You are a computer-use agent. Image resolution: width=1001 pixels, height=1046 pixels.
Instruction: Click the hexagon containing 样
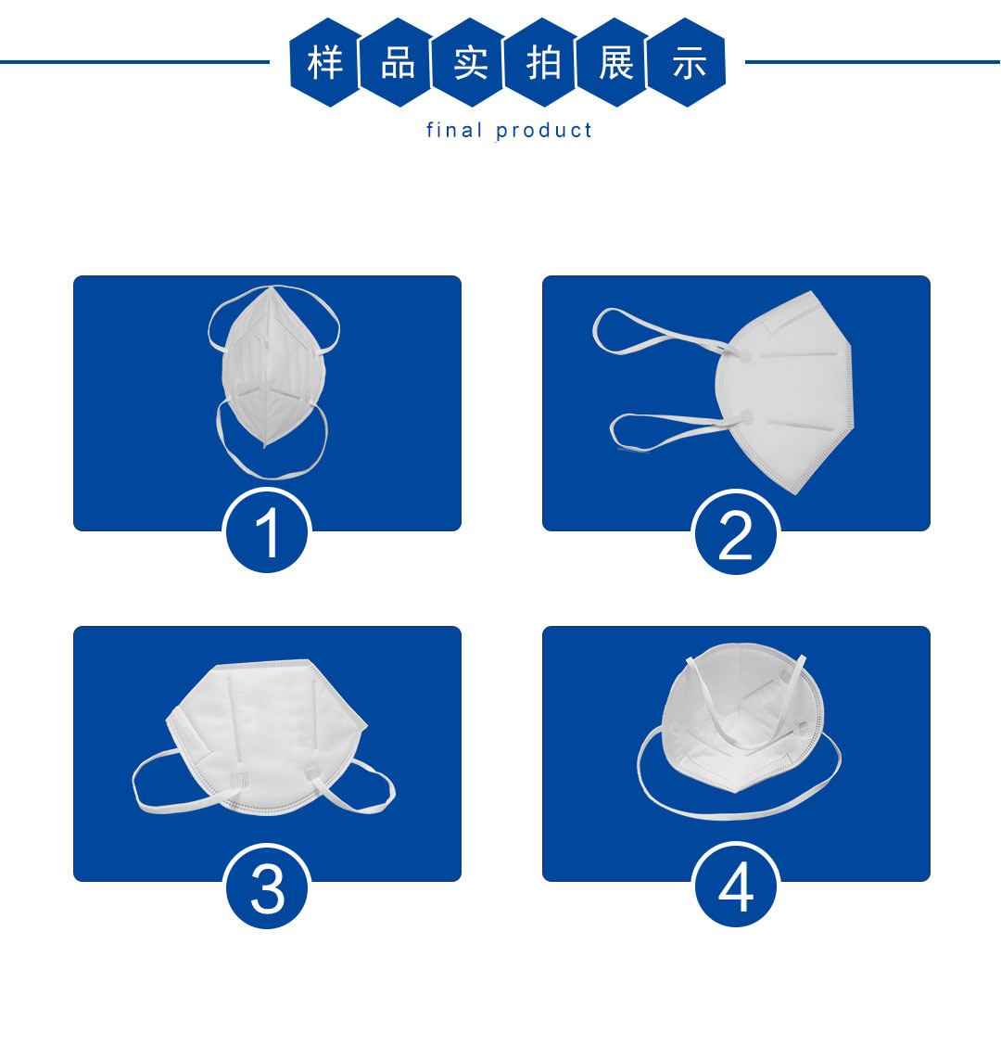325,63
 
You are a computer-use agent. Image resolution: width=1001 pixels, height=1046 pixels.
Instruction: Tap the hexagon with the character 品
398,63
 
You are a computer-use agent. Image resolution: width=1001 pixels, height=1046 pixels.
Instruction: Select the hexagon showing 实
470,63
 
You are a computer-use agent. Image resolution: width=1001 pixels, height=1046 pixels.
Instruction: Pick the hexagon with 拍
543,63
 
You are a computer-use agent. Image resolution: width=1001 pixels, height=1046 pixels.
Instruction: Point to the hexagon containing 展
615,63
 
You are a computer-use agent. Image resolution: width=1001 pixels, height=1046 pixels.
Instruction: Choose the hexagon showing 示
688,63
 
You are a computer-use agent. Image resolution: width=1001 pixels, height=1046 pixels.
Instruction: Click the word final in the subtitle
454,130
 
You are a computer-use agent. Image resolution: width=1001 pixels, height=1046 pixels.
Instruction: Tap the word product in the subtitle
543,131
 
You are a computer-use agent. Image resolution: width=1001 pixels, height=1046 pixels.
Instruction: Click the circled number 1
267,531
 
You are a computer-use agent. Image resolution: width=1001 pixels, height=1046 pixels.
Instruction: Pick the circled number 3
267,887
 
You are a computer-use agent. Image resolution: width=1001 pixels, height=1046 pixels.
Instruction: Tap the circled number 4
736,886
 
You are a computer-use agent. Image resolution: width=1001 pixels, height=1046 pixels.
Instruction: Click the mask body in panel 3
267,733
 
